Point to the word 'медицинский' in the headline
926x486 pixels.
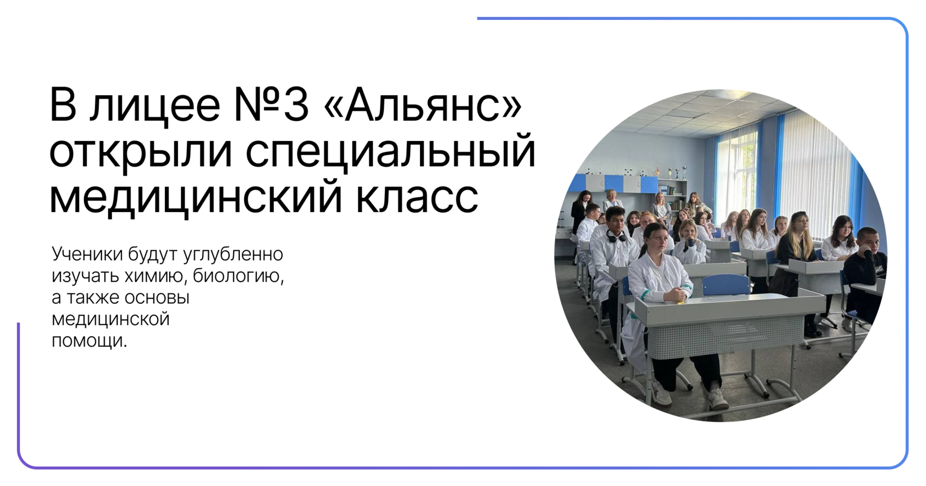(196, 197)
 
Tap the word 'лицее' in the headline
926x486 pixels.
(155, 107)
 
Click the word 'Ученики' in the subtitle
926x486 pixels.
(88, 254)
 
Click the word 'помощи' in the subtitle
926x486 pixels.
(88, 342)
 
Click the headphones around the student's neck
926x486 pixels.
(616, 236)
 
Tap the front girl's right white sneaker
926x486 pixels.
(718, 398)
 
